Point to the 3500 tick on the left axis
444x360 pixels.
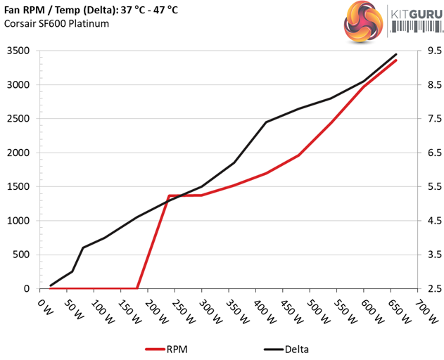point(19,51)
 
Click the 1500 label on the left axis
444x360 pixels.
point(19,187)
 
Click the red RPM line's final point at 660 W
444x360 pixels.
point(396,60)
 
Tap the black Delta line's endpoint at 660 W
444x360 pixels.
point(396,54)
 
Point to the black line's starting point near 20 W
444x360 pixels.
point(51,285)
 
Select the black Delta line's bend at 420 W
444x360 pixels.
point(267,122)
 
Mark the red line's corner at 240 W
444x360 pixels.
point(169,195)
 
